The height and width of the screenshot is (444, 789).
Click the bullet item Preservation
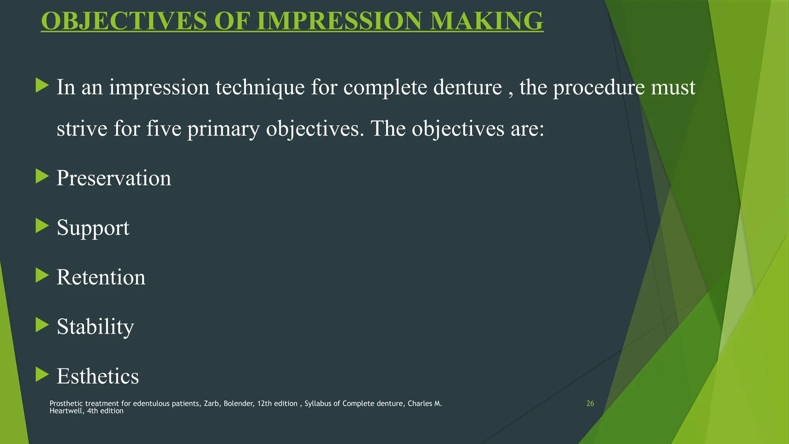pos(114,178)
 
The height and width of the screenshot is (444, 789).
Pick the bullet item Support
pos(93,227)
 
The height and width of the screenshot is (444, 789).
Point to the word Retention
pos(101,277)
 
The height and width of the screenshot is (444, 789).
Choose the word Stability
pos(95,327)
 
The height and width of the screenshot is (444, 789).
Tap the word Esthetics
pos(97,376)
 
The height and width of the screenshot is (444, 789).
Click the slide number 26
pos(590,404)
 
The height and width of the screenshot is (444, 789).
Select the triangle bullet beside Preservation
pos(42,177)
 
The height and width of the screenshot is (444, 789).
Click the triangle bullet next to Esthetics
pos(42,374)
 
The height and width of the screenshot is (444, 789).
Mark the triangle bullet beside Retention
pos(42,276)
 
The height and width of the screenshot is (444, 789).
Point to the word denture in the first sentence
pos(467,87)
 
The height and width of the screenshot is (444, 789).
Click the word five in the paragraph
pos(164,129)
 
